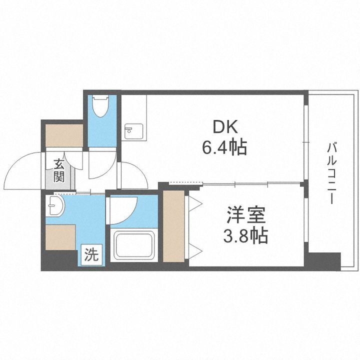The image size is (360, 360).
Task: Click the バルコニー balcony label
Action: [330, 173]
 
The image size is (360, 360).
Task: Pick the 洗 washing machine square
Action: [90, 255]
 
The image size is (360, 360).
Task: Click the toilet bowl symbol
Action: [101, 107]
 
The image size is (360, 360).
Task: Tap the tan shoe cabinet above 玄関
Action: [64, 134]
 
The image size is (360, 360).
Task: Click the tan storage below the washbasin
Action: [60, 237]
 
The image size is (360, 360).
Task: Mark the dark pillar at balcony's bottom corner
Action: [324, 261]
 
